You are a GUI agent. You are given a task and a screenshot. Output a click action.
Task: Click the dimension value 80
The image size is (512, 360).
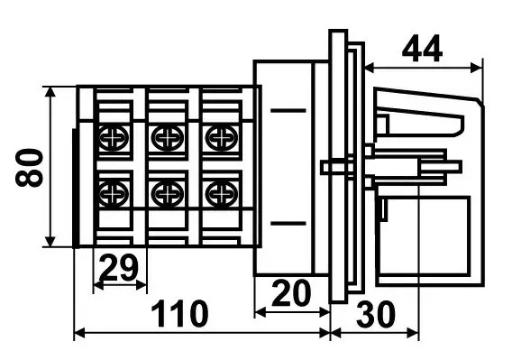(x=30, y=168)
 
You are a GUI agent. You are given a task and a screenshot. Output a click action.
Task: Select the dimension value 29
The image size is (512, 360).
(x=119, y=268)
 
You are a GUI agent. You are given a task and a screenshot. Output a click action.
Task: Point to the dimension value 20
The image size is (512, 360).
(x=291, y=293)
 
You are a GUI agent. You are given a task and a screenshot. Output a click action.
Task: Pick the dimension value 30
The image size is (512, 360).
(x=376, y=314)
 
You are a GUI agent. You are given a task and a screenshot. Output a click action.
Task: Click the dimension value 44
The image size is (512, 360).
(x=422, y=49)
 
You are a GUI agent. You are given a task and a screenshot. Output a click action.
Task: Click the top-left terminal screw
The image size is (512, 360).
(x=114, y=138)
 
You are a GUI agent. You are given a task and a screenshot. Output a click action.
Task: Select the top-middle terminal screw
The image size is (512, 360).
(x=167, y=138)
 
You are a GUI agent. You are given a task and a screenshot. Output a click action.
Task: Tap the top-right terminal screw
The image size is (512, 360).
(x=222, y=138)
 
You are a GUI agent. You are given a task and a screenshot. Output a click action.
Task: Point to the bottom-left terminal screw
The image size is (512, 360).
(x=114, y=194)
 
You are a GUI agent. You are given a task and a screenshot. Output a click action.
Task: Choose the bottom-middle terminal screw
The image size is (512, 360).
(x=167, y=194)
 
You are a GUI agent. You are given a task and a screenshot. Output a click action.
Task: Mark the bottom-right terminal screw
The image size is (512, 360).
(x=222, y=194)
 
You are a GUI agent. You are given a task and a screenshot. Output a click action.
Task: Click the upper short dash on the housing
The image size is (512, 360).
(x=288, y=111)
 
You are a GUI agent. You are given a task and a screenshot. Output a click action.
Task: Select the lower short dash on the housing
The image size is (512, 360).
(x=288, y=224)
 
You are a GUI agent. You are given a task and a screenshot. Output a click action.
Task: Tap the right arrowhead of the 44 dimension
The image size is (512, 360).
(x=477, y=68)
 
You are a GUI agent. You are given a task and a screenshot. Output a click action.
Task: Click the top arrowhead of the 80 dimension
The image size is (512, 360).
(x=50, y=93)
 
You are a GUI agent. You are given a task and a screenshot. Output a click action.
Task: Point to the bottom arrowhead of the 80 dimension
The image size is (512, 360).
(x=50, y=241)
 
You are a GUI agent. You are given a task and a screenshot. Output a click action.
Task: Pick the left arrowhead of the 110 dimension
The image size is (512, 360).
(x=79, y=334)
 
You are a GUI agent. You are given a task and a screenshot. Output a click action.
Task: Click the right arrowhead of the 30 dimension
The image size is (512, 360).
(x=413, y=334)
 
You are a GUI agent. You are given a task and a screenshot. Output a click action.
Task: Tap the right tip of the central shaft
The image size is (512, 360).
(x=461, y=166)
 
